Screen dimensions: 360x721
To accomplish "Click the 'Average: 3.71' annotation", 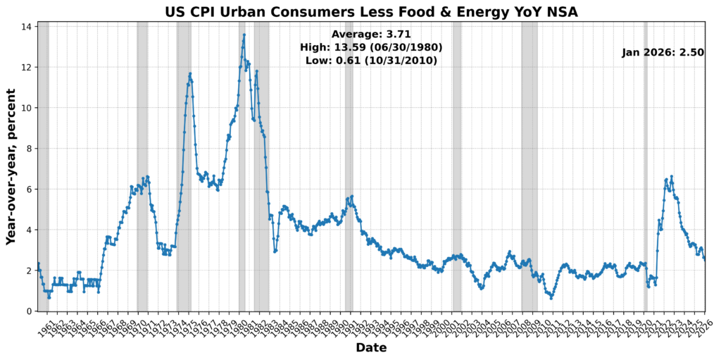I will [x=371, y=34].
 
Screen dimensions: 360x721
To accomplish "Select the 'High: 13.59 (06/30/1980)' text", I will [x=371, y=47].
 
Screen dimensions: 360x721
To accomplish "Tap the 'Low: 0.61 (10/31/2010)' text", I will [x=371, y=61].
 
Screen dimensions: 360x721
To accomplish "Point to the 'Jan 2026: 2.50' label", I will [x=663, y=53].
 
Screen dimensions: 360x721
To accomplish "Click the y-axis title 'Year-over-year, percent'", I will [x=11, y=166].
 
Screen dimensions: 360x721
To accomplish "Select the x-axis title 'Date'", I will [x=371, y=347].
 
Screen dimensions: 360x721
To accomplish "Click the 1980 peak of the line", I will [x=244, y=35].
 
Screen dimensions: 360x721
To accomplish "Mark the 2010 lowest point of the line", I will [x=551, y=298].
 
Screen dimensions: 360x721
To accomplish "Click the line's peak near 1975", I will [x=190, y=74].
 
